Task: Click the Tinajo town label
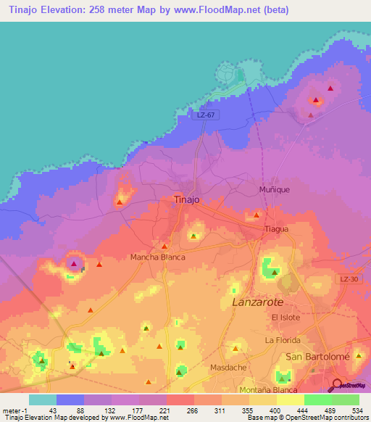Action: (187, 199)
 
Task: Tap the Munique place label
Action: (275, 189)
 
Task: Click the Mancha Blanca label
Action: (157, 257)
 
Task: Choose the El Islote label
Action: (285, 318)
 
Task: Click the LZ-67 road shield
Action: (207, 115)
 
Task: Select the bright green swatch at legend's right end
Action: (345, 400)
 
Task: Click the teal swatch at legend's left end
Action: (43, 400)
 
